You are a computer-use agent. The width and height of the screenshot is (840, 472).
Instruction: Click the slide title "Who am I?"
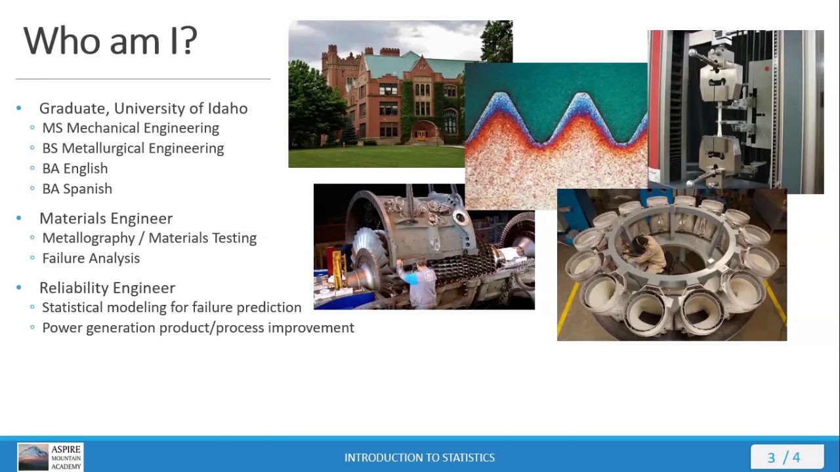pos(110,41)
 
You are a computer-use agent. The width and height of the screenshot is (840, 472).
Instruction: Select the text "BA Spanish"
pos(77,189)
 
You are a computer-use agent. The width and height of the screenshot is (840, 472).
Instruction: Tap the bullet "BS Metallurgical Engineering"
pos(133,148)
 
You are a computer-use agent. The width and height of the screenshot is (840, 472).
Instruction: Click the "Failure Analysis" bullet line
pos(91,258)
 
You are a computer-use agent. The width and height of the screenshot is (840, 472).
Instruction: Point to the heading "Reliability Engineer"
pos(107,288)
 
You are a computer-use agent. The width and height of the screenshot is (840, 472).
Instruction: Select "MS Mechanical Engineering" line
pos(130,128)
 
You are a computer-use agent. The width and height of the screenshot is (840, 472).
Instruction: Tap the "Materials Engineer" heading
pos(106,218)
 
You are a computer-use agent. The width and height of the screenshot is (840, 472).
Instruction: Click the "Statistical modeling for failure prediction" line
pos(171,307)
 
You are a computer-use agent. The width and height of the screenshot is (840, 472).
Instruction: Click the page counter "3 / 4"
pos(784,458)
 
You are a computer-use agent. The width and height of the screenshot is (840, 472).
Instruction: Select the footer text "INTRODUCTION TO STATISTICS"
pos(419,458)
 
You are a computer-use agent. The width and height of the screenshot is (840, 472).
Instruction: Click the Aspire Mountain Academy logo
pos(51,457)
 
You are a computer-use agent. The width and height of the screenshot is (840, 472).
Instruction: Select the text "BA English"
pos(75,168)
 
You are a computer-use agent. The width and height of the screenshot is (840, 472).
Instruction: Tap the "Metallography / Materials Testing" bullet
pos(149,238)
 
